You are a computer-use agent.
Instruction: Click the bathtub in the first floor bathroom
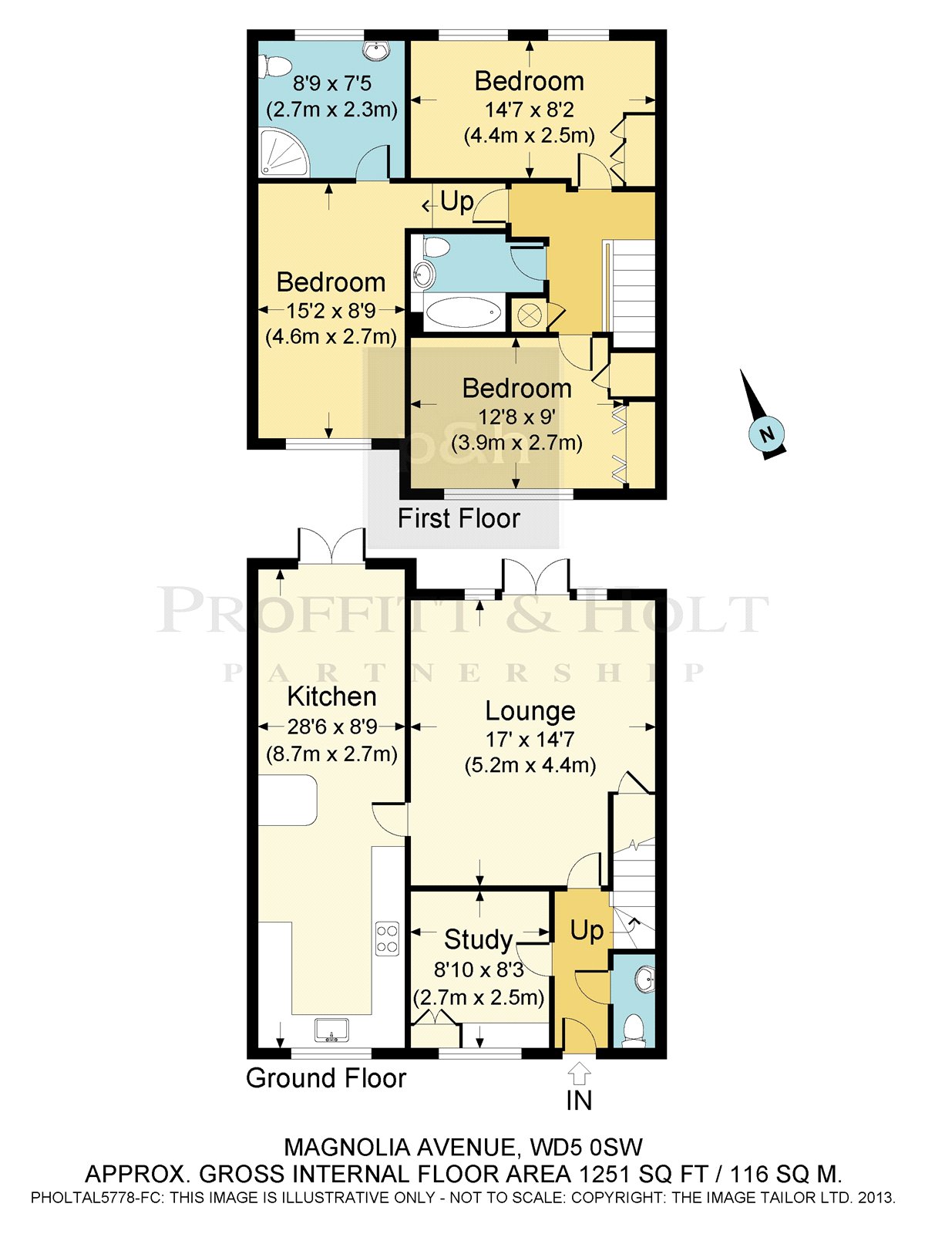point(462,313)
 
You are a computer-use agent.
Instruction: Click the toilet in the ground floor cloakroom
point(634,1028)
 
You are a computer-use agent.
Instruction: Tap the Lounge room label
point(530,711)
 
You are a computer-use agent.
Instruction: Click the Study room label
point(479,939)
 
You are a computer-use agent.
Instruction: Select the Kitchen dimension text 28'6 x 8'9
point(332,727)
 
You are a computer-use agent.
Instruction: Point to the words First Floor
point(459,518)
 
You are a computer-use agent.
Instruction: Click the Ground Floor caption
point(326,1077)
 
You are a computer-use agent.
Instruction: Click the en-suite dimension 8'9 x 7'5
point(332,84)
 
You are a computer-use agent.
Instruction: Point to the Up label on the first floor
point(456,202)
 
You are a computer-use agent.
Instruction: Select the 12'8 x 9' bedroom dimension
point(517,416)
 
